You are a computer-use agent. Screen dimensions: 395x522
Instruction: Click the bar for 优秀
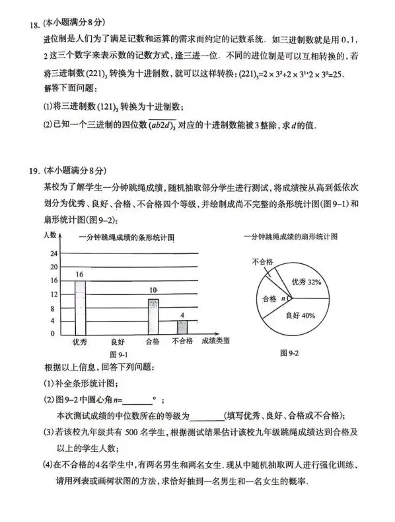[79, 308]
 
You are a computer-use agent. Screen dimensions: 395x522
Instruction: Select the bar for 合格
[153, 316]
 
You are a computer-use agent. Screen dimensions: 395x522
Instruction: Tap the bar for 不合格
[182, 327]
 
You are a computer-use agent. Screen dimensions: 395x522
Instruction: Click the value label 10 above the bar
[153, 290]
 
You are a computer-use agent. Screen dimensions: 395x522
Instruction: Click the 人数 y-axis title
[50, 236]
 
